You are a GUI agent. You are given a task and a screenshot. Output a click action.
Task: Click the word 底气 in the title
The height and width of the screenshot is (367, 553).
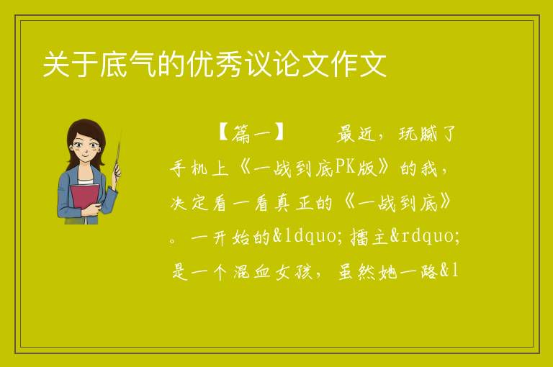128,65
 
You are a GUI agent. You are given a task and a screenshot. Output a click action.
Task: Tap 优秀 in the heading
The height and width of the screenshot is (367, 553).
215,65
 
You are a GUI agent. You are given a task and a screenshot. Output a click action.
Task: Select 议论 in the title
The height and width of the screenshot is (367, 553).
272,65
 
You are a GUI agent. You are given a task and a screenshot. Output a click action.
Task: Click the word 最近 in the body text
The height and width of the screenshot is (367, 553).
356,134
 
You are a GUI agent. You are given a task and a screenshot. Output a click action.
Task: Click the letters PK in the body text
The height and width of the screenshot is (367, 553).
345,167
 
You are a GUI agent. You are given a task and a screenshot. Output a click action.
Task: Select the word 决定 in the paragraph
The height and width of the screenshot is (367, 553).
189,203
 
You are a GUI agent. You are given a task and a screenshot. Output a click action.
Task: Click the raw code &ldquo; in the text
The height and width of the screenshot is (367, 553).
307,236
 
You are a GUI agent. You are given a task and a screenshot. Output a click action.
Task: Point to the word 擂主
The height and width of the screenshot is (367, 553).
369,237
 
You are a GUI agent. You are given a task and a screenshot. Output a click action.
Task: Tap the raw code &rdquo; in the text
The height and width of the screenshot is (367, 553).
426,236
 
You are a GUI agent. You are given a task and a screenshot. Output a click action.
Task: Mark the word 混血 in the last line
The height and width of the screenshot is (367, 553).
251,271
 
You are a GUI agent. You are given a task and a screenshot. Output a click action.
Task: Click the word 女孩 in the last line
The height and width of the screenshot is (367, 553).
294,271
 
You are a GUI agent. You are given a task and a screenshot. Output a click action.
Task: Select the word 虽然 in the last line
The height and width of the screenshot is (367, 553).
356,271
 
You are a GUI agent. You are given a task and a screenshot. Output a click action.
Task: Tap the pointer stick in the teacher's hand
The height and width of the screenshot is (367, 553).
118,152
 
